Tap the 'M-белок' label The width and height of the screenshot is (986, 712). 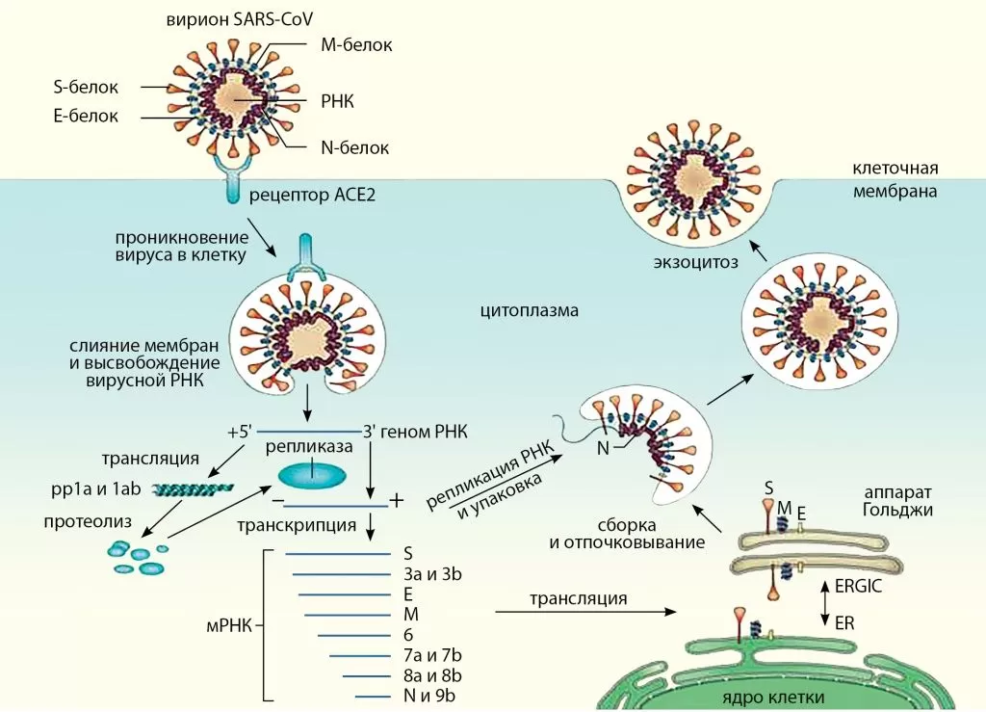(355, 44)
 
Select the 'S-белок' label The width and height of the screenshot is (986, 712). (86, 88)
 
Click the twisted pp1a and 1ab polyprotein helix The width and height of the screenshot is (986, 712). (192, 489)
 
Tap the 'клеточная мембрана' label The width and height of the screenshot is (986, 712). (895, 179)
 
